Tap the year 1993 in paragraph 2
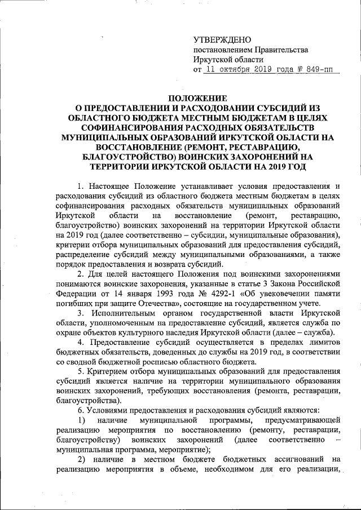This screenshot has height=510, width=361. click(148, 294)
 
